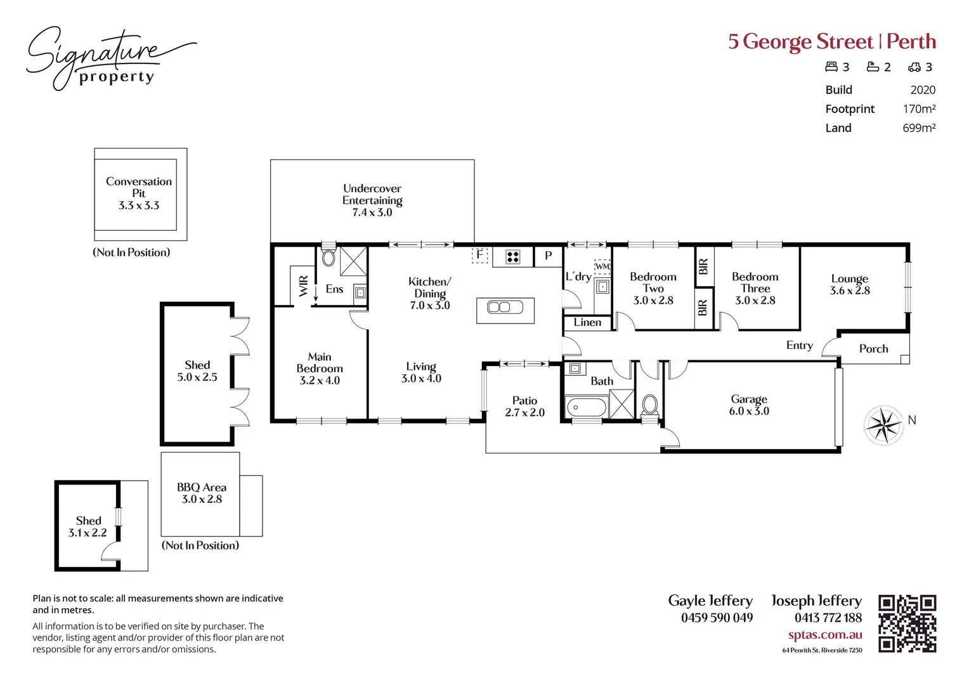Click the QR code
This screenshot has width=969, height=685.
[x=907, y=623]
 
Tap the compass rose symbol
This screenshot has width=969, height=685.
[x=883, y=424]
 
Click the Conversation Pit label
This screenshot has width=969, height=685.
[x=139, y=193]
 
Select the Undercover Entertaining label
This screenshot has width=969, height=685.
[x=372, y=200]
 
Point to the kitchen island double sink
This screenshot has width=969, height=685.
[x=505, y=308]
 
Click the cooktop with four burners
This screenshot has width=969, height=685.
[x=512, y=257]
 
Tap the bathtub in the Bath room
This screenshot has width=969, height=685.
[x=587, y=407]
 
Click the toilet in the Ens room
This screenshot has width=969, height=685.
[x=328, y=258]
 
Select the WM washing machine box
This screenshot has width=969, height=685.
[x=602, y=266]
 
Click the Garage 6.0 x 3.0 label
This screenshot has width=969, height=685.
[x=749, y=405]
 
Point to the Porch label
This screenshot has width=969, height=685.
[x=873, y=349]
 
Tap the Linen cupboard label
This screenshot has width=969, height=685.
[x=587, y=323]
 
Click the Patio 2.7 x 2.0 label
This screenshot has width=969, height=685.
[x=524, y=407]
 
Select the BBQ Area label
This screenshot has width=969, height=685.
[x=202, y=493]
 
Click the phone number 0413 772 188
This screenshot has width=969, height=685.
[x=828, y=618]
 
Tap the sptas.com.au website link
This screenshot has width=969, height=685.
[x=824, y=635]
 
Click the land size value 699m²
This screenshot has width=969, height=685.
[x=919, y=128]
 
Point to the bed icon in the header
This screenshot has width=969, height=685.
[x=831, y=67]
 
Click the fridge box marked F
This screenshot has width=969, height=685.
[x=480, y=255]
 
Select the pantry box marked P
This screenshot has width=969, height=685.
[x=549, y=256]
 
